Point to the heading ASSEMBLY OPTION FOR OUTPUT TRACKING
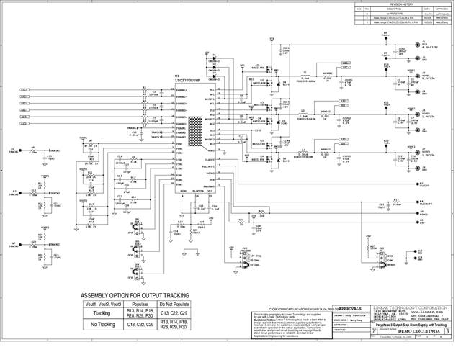pos(135,296)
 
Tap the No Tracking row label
pos(102,325)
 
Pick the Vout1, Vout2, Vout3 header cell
pos(102,305)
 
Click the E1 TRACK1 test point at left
pos(14,151)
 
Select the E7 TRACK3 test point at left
pos(14,245)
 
